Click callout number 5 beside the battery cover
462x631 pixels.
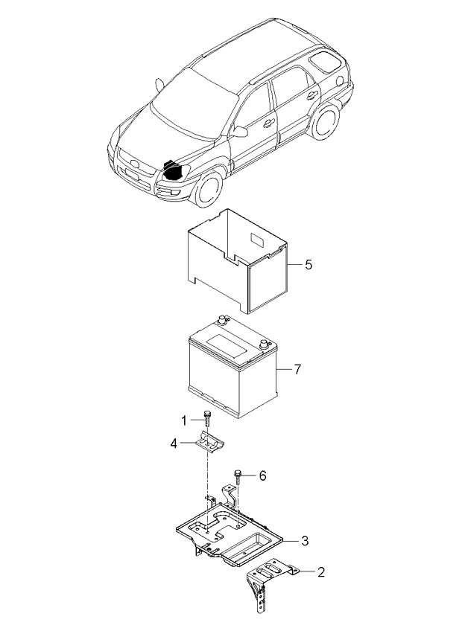(x=308, y=265)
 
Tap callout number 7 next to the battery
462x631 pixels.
(x=297, y=369)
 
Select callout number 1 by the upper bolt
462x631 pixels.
(x=184, y=421)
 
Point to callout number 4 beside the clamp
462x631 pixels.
(x=174, y=443)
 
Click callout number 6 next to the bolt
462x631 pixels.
(x=262, y=476)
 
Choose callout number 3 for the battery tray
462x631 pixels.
(x=306, y=540)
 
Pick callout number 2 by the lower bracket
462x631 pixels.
(x=321, y=571)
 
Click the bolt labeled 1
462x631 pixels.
(x=208, y=419)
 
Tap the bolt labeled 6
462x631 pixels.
(x=238, y=476)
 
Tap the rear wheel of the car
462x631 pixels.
(x=325, y=121)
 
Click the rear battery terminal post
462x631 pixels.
(x=221, y=320)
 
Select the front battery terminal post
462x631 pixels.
(x=264, y=344)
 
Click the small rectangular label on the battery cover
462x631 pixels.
(x=257, y=240)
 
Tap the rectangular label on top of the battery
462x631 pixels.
(x=227, y=345)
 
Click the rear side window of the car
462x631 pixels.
(x=325, y=62)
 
